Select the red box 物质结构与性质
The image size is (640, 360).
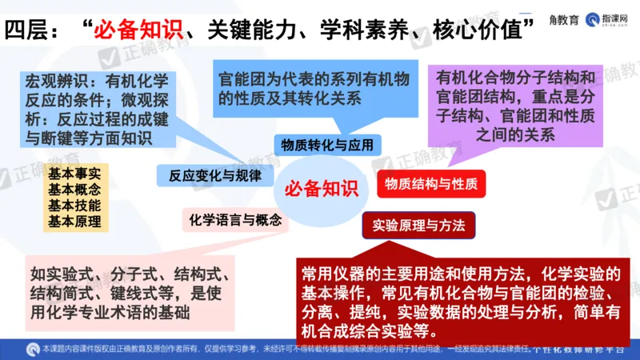click(x=431, y=183)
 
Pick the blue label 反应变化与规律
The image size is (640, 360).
click(x=215, y=174)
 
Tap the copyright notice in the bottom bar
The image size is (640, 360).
click(x=264, y=349)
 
